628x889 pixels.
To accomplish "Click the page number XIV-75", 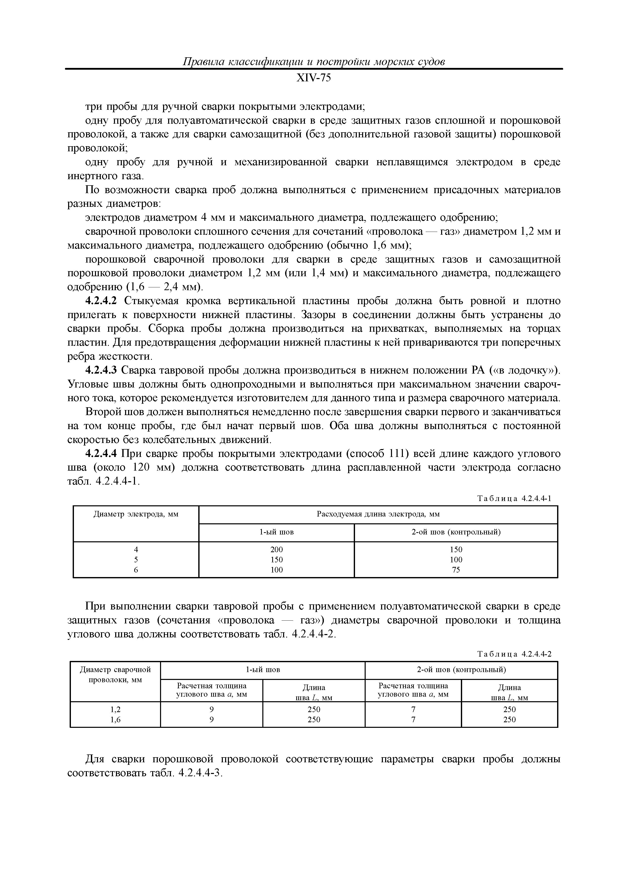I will pyautogui.click(x=313, y=78).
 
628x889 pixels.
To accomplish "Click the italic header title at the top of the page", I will pyautogui.click(x=313, y=62).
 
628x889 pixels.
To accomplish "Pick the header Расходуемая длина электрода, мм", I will pyautogui.click(x=378, y=515).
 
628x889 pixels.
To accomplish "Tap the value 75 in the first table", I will pyautogui.click(x=456, y=570).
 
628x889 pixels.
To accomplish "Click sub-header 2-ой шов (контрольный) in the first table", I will pyautogui.click(x=456, y=532).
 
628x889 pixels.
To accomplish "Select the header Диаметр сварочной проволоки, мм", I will pyautogui.click(x=115, y=675).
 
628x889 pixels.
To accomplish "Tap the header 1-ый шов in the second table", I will pyautogui.click(x=263, y=670).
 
